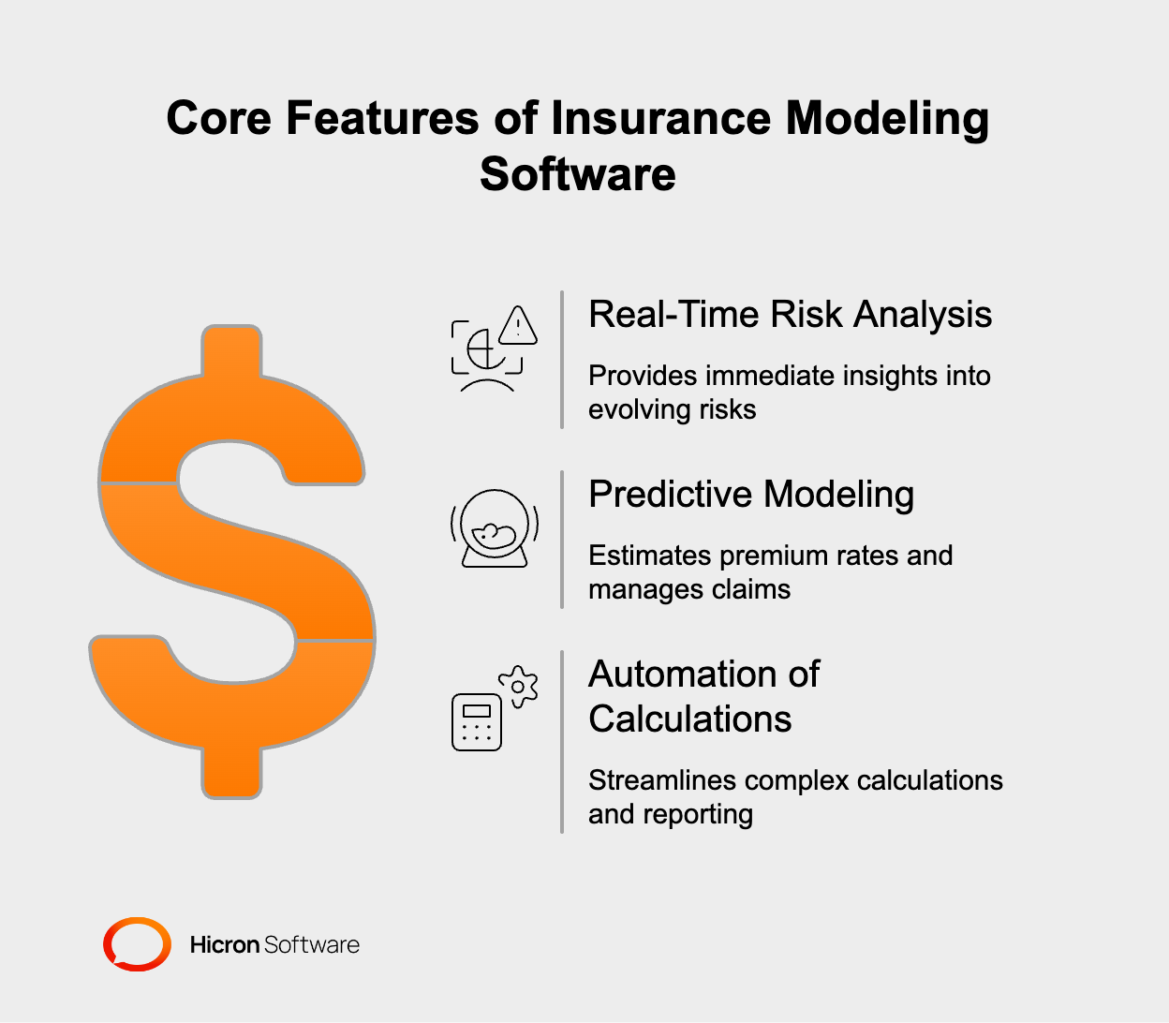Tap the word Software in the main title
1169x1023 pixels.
(577, 174)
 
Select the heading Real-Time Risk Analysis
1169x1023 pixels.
(790, 315)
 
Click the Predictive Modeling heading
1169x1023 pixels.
(750, 495)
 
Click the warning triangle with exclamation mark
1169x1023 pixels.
(517, 326)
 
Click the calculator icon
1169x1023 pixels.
(477, 721)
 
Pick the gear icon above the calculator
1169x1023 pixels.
(518, 687)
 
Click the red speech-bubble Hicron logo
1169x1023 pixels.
(137, 944)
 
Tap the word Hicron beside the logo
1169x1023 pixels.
(225, 945)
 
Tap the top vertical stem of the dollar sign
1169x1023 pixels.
(231, 352)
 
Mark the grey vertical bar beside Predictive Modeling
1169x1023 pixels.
(562, 540)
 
